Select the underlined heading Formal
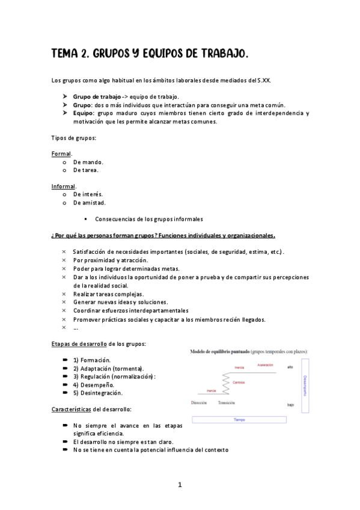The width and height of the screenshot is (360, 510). point(61,153)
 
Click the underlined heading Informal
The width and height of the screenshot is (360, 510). point(63,186)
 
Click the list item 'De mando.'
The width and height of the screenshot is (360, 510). point(88,162)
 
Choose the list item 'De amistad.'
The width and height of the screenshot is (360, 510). point(90,203)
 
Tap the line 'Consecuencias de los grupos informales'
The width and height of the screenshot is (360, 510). point(149,219)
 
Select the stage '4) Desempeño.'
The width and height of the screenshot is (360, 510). point(94,384)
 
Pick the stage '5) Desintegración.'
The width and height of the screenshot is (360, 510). point(98,393)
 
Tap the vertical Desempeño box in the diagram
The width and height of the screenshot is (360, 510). point(305,386)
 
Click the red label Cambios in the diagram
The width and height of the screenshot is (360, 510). point(239,382)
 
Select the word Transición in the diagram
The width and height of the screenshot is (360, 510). point(227,402)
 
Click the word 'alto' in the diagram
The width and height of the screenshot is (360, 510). point(290,367)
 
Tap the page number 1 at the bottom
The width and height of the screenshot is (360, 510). point(180,485)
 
